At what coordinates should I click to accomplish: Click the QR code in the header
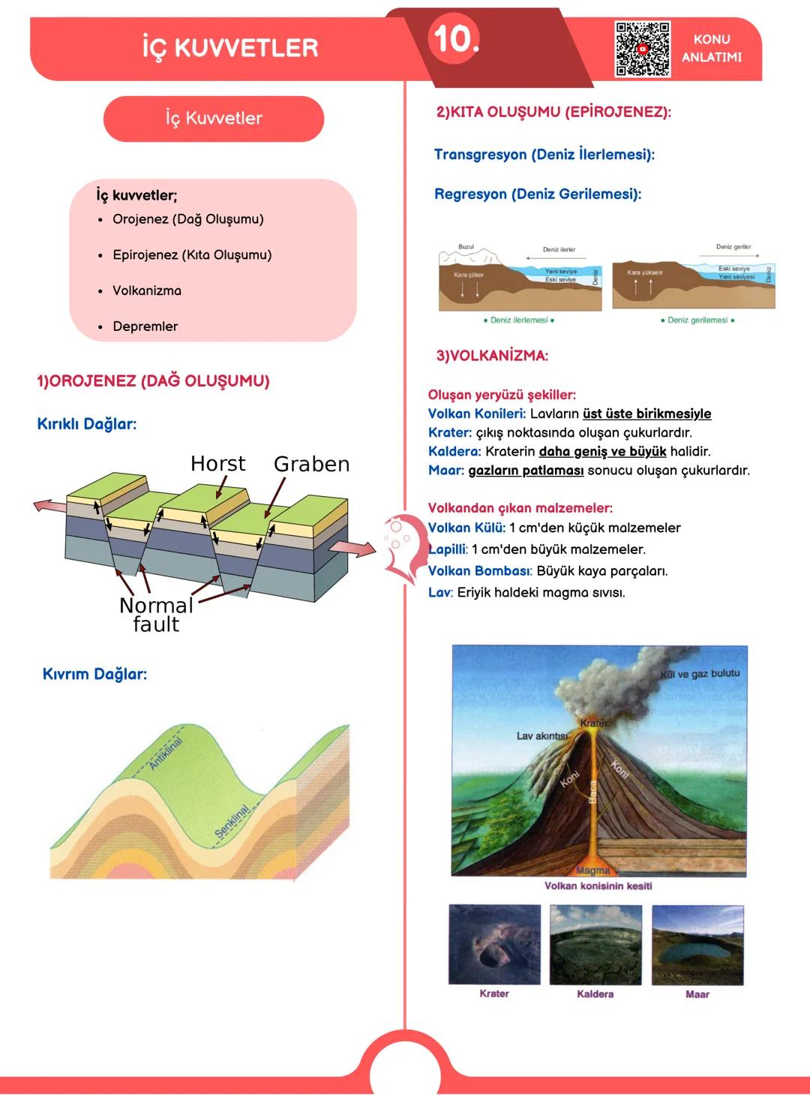tap(643, 50)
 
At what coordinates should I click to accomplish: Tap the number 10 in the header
tap(454, 38)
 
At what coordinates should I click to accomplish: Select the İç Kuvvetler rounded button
tap(214, 119)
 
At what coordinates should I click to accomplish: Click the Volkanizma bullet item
tap(147, 290)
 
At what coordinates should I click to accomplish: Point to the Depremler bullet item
tap(145, 326)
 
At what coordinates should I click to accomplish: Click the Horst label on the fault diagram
tap(217, 464)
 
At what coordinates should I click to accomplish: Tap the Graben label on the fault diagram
tap(312, 465)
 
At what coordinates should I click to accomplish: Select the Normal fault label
tap(156, 615)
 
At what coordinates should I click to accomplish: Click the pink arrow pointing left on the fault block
tap(49, 506)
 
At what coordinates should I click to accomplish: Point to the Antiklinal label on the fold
tap(166, 754)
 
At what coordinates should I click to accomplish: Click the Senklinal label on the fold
tap(232, 822)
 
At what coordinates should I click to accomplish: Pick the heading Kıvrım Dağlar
tap(94, 674)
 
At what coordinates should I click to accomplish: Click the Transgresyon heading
tap(544, 155)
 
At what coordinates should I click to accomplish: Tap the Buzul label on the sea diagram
tap(466, 247)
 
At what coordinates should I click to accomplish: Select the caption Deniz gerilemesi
tap(697, 320)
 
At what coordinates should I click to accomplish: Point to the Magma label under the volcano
tap(592, 871)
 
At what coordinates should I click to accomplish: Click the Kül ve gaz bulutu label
tap(699, 674)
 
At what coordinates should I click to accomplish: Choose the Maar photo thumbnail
tap(697, 944)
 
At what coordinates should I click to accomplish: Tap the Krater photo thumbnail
tap(494, 944)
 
